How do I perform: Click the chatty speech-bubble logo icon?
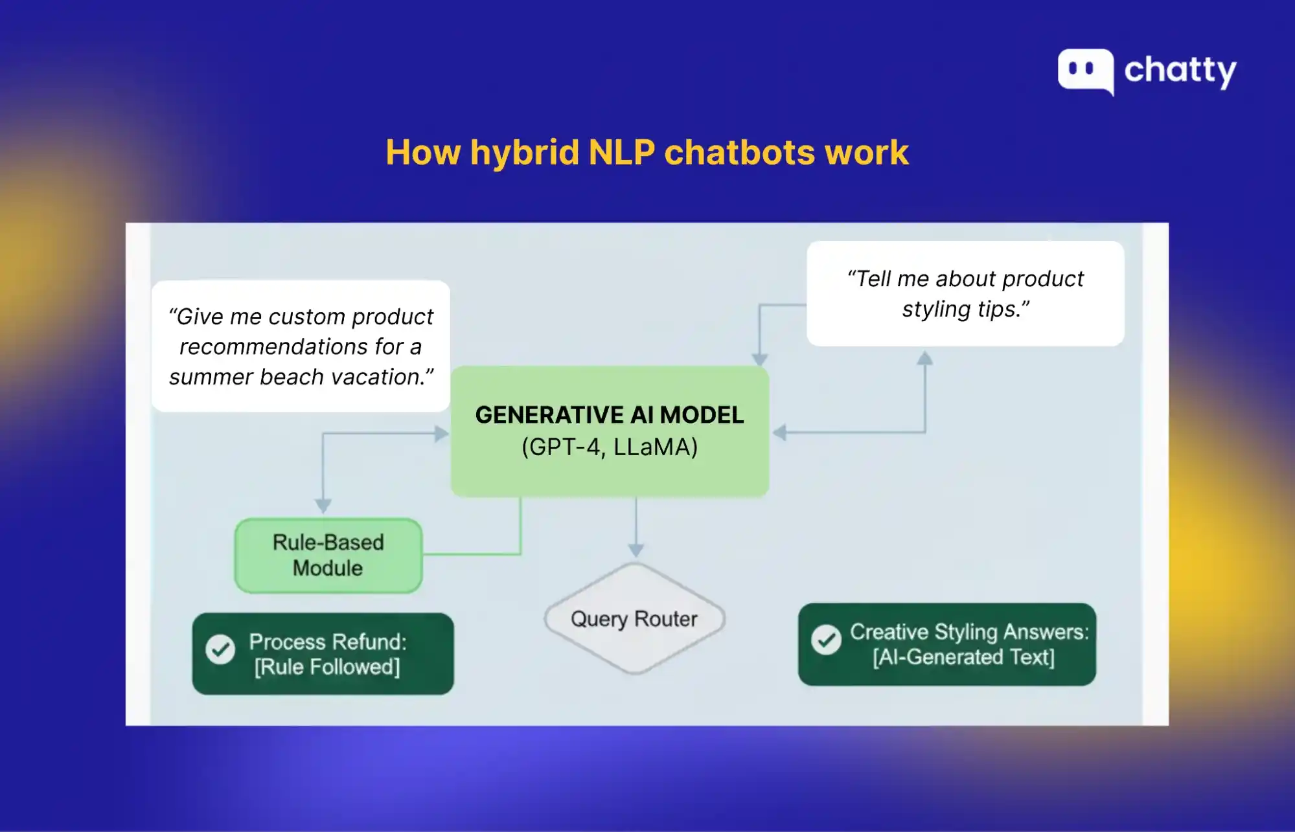pyautogui.click(x=1086, y=71)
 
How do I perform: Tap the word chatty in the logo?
pyautogui.click(x=1180, y=71)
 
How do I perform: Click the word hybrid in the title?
pyautogui.click(x=525, y=153)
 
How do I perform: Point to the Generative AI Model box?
pyautogui.click(x=610, y=431)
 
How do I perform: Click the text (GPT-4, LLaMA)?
pyautogui.click(x=610, y=447)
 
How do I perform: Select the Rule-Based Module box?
pyautogui.click(x=328, y=556)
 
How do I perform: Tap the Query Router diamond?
pyautogui.click(x=634, y=619)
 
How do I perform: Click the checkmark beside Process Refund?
pyautogui.click(x=220, y=649)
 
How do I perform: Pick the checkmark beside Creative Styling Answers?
pyautogui.click(x=826, y=640)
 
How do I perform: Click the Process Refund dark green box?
pyautogui.click(x=323, y=654)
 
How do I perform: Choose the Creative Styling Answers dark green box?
pyautogui.click(x=946, y=644)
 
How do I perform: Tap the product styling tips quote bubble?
pyautogui.click(x=965, y=293)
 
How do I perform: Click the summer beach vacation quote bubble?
pyautogui.click(x=301, y=346)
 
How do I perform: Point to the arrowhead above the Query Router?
pyautogui.click(x=636, y=550)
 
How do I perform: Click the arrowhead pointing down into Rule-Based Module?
pyautogui.click(x=323, y=506)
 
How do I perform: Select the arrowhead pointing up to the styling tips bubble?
pyautogui.click(x=925, y=358)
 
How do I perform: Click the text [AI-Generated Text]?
pyautogui.click(x=963, y=657)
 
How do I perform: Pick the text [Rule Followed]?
pyautogui.click(x=327, y=667)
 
